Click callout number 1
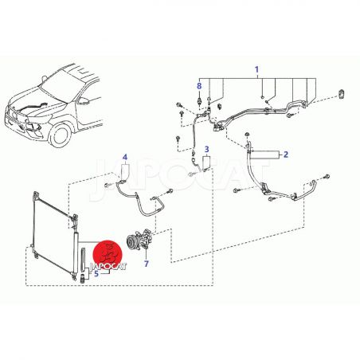[256, 69]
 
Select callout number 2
[285, 155]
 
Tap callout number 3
[207, 149]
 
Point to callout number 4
[125, 157]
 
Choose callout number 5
[96, 273]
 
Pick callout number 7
[147, 264]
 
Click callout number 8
[199, 86]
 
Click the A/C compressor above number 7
[139, 239]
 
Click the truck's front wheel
[61, 135]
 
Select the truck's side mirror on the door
[84, 101]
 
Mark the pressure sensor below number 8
[200, 103]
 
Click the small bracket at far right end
[341, 94]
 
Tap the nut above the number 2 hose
[247, 134]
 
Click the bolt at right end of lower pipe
[327, 176]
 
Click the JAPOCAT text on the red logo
[108, 266]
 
